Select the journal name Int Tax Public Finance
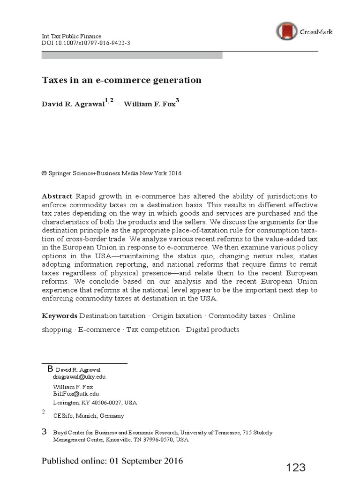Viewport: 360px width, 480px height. pyautogui.click(x=71, y=37)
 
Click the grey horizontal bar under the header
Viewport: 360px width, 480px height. pyautogui.click(x=132, y=55)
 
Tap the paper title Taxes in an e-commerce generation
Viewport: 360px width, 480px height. pyautogui.click(x=121, y=80)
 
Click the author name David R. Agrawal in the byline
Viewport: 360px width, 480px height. pyautogui.click(x=73, y=104)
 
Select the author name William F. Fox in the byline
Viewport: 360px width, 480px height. pyautogui.click(x=150, y=104)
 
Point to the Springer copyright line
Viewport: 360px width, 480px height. pyautogui.click(x=112, y=173)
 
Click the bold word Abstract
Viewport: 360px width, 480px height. pyautogui.click(x=57, y=196)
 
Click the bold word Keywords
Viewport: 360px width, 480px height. pyautogui.click(x=60, y=316)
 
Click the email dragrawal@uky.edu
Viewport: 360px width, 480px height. pyautogui.click(x=76, y=377)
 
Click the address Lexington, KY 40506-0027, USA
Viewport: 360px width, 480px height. pyautogui.click(x=95, y=403)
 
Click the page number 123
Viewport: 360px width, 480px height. pyautogui.click(x=296, y=467)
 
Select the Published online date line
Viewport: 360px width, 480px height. pyautogui.click(x=112, y=460)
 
